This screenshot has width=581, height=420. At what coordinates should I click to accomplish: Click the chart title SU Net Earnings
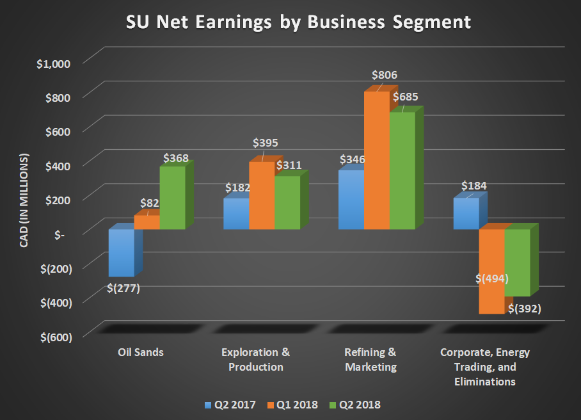pyautogui.click(x=298, y=22)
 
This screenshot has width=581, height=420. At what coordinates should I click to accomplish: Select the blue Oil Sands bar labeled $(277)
pyautogui.click(x=121, y=253)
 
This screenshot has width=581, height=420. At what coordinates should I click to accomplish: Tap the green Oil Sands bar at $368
pyautogui.click(x=172, y=198)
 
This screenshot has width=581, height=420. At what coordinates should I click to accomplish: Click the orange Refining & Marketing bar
pyautogui.click(x=376, y=160)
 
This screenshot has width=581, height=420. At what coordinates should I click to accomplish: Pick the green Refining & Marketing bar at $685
pyautogui.click(x=402, y=171)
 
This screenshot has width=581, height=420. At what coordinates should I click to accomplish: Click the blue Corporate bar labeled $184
pyautogui.click(x=466, y=214)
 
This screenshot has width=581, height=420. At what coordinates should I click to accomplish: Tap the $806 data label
pyautogui.click(x=385, y=76)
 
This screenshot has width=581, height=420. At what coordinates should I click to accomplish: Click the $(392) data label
pyautogui.click(x=525, y=309)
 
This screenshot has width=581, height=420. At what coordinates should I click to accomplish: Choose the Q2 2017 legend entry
pyautogui.click(x=230, y=405)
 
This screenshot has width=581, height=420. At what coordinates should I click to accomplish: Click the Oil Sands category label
pyautogui.click(x=140, y=352)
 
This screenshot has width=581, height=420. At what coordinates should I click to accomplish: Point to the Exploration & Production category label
pyautogui.click(x=255, y=360)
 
